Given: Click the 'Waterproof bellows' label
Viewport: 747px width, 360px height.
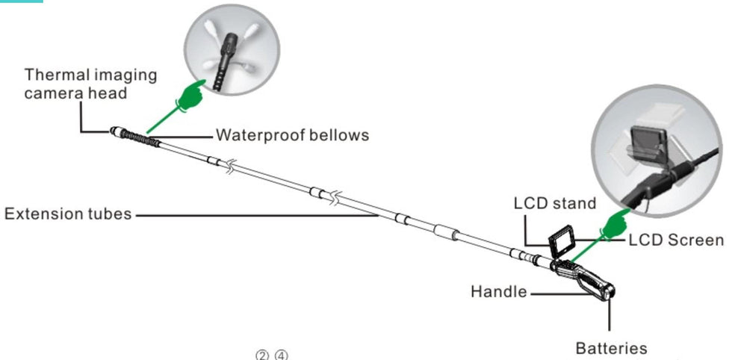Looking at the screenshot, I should point(292,135).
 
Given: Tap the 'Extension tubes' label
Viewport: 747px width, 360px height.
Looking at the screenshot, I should point(68,214).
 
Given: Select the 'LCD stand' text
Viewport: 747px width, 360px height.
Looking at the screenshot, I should point(555,203).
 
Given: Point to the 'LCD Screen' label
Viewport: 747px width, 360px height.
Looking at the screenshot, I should point(676,240).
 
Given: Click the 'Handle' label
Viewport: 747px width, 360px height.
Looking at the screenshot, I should point(498,291).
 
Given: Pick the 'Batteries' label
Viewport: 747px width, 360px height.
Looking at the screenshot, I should point(611,348).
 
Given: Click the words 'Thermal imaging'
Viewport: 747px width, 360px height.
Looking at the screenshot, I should point(90,75).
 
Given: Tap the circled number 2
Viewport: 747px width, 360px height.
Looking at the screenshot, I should point(262,355).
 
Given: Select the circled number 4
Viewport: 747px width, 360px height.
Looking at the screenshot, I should point(280,355).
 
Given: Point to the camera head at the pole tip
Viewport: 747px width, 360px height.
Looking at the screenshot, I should point(117,131).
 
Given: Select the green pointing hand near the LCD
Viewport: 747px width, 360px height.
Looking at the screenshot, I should point(616,223).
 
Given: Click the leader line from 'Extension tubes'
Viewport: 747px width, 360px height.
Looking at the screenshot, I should point(254,215).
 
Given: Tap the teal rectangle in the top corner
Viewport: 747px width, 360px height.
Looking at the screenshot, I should point(21,1).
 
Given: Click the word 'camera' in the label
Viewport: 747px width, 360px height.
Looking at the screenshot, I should point(49,94).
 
